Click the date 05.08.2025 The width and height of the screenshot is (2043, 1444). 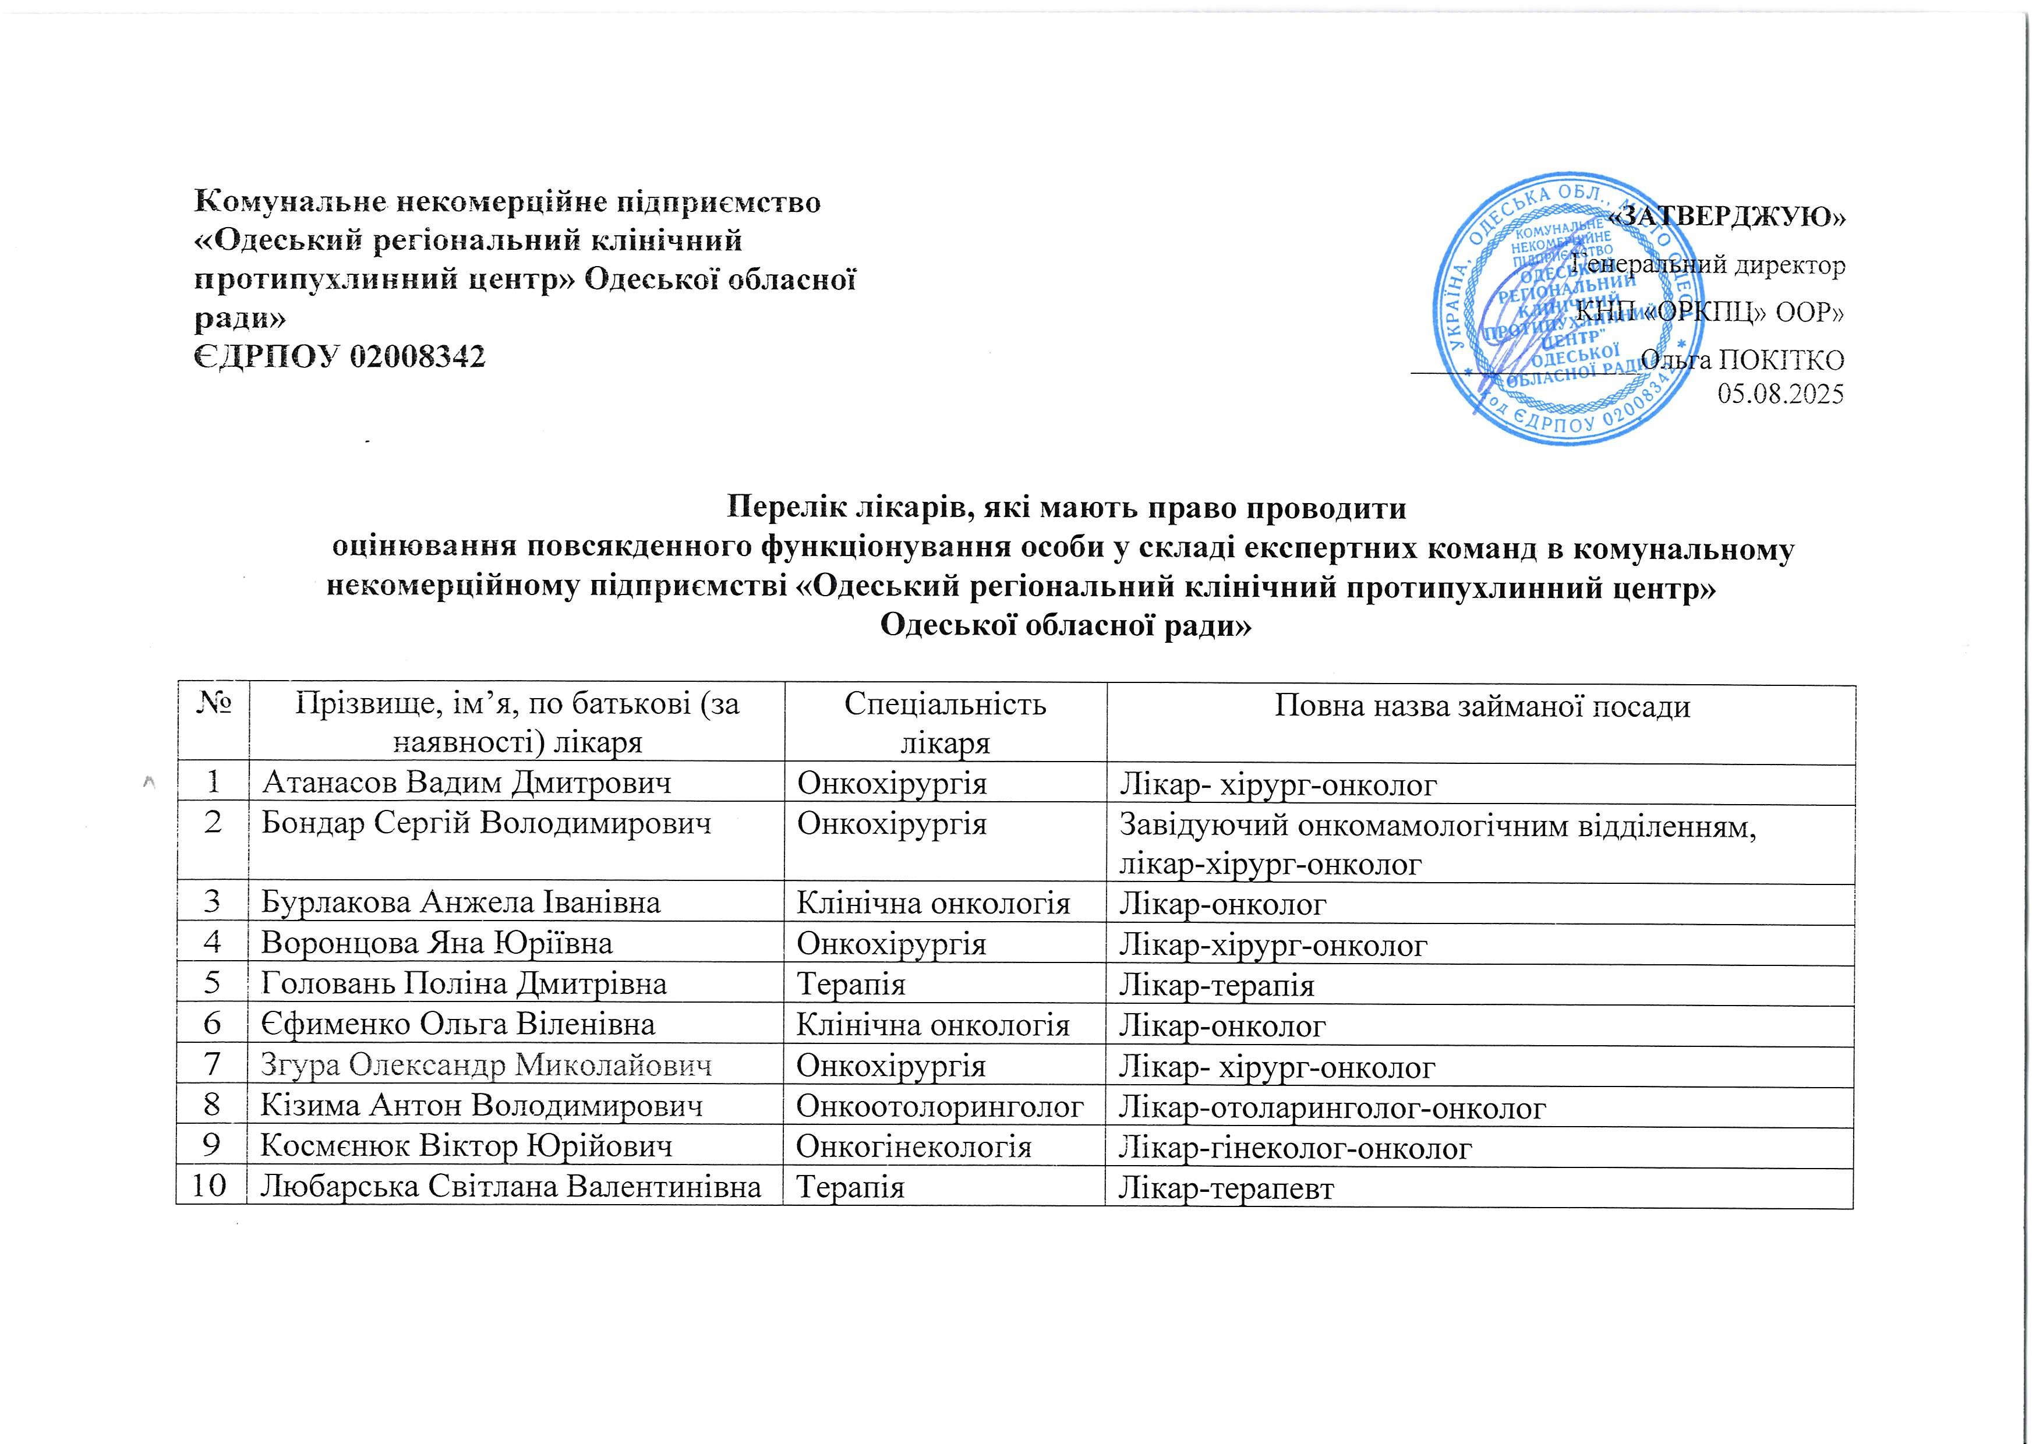pos(1780,393)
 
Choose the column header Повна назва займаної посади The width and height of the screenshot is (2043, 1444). pos(1482,706)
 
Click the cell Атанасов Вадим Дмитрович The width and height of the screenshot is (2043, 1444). pos(466,783)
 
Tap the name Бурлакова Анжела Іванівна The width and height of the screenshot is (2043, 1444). pos(460,903)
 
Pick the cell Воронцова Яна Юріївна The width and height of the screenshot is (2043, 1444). pos(436,943)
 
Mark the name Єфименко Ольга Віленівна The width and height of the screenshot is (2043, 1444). pos(457,1025)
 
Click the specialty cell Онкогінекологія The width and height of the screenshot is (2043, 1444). pos(913,1147)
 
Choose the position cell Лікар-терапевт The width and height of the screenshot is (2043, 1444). pos(1226,1188)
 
